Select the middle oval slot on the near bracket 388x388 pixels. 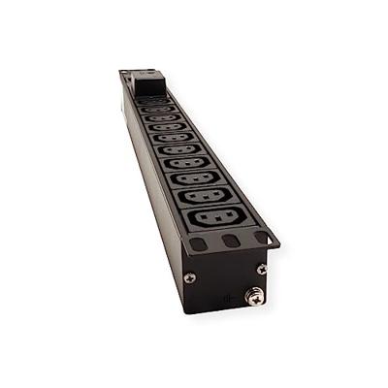229,242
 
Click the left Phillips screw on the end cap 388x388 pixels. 190,277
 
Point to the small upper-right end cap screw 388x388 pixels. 262,269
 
